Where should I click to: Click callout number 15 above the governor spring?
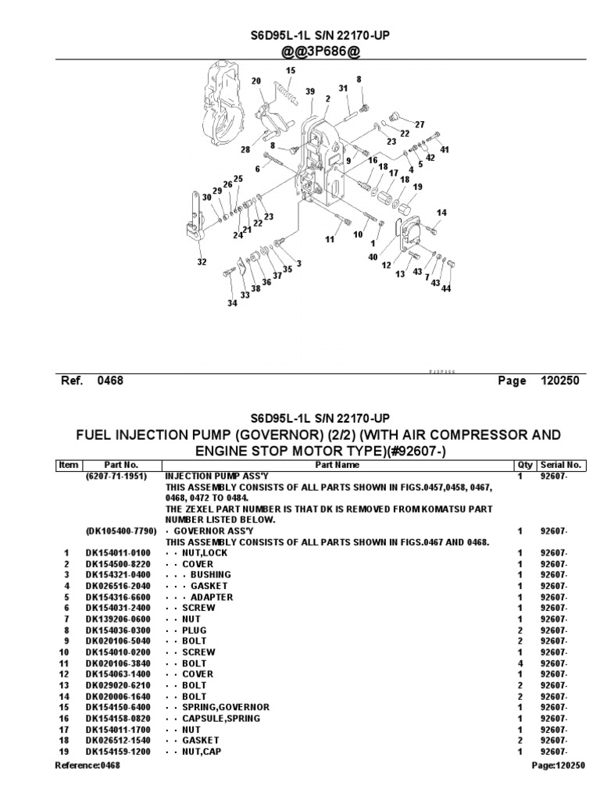tap(291, 71)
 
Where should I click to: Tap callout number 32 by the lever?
tap(202, 262)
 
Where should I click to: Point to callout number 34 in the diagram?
tap(232, 303)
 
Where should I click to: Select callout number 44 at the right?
tap(447, 289)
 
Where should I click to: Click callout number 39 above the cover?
tap(310, 92)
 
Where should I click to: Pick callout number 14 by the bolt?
tap(441, 212)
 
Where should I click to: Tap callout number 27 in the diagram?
tap(420, 124)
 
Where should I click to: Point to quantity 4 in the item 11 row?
tap(520, 662)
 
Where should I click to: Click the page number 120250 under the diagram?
tap(559, 381)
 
